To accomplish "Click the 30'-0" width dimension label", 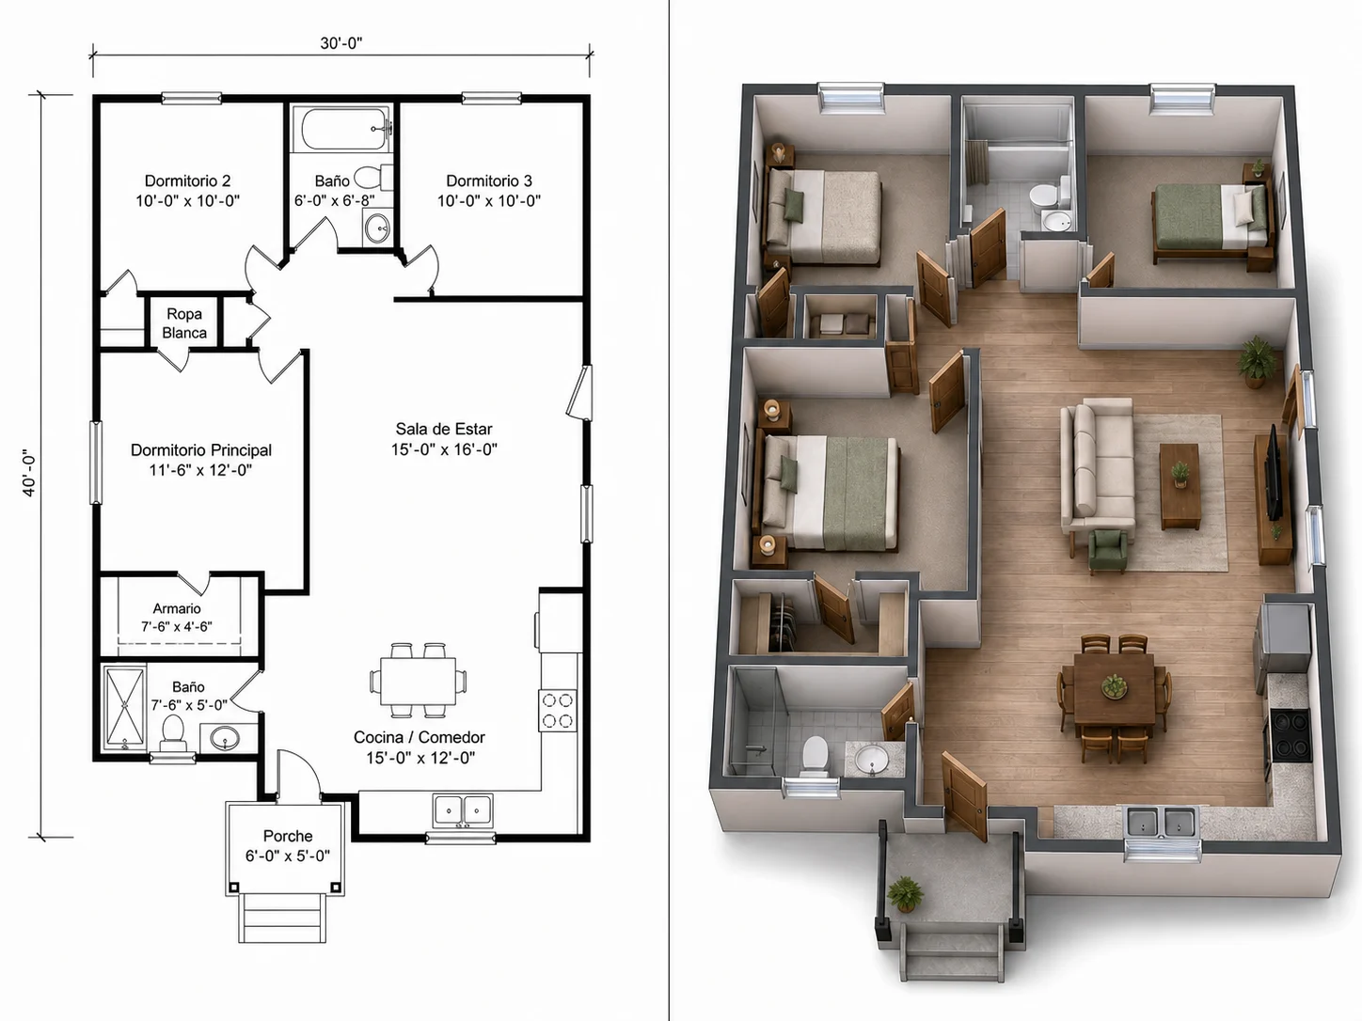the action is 341,43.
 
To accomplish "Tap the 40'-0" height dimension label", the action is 29,472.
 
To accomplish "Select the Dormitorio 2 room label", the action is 187,181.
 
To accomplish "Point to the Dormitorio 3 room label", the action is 489,181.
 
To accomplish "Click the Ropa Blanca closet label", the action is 184,323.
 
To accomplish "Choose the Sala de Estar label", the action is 444,429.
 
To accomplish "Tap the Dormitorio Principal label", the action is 201,450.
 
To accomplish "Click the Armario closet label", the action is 177,609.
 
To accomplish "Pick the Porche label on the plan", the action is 287,836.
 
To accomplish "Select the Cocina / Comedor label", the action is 420,738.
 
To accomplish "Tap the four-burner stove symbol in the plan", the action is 557,711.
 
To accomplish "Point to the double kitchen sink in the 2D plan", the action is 463,810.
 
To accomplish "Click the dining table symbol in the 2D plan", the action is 419,680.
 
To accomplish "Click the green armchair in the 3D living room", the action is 1108,551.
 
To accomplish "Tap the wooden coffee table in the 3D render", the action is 1180,487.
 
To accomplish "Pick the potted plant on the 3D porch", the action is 905,893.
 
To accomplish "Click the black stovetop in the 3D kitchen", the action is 1291,735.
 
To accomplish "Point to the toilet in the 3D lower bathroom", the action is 815,755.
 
